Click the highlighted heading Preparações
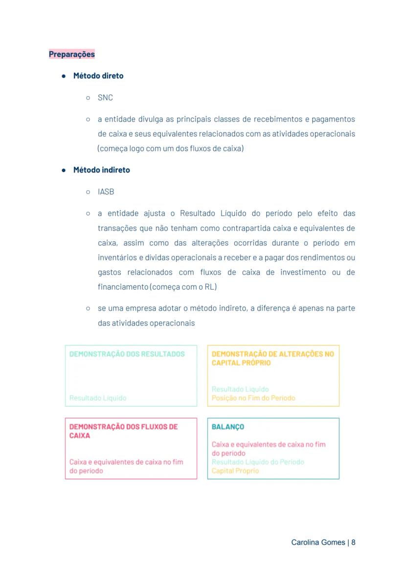point(72,54)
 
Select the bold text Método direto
point(98,76)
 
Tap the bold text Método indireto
point(102,170)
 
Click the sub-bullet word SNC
point(105,98)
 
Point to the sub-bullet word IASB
point(106,192)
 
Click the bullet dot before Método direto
point(64,76)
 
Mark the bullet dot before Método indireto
point(64,170)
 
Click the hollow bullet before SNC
point(88,98)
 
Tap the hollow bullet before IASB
point(88,192)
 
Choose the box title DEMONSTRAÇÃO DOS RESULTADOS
point(127,354)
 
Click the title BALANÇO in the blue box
point(228,427)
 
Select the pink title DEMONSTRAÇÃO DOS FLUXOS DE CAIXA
point(123,431)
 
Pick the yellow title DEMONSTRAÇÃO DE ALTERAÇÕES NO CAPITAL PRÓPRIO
point(272,358)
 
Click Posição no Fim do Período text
point(253,398)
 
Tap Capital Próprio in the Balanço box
point(235,471)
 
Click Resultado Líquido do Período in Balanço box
point(258,462)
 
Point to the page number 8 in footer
point(353,543)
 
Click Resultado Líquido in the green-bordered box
point(98,398)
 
